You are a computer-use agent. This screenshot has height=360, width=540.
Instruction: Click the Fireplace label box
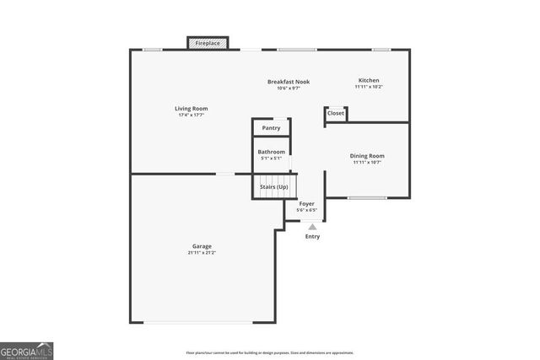[x=208, y=42]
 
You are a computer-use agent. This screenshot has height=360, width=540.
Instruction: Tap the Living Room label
[x=191, y=108]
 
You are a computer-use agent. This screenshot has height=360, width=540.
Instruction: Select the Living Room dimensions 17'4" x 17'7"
[x=191, y=115]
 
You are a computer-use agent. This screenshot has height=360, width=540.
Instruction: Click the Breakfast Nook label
[x=289, y=82]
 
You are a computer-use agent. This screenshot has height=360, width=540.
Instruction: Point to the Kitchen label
[x=369, y=80]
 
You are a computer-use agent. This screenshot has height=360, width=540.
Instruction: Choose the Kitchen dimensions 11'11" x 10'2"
[x=369, y=87]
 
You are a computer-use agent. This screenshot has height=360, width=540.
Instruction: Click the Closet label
[x=336, y=113]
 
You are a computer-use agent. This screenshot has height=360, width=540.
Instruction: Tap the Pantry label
[x=271, y=128]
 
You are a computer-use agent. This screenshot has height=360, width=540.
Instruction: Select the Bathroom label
[x=271, y=152]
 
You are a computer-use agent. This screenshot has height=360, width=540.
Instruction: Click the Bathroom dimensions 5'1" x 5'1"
[x=271, y=159]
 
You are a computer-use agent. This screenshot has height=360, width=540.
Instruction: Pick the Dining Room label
[x=367, y=155]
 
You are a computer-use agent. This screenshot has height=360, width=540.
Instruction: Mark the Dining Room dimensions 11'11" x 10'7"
[x=367, y=162]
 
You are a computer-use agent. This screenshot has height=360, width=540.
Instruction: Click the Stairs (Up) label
[x=273, y=186]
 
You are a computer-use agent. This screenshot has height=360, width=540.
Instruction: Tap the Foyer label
[x=307, y=203]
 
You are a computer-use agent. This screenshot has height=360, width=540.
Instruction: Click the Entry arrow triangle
[x=312, y=226]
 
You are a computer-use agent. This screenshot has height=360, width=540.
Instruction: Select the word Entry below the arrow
[x=312, y=237]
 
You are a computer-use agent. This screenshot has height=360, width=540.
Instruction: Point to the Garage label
[x=201, y=246]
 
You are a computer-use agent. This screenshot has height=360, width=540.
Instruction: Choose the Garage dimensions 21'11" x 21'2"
[x=201, y=253]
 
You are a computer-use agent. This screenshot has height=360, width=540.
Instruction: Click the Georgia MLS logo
[x=27, y=350]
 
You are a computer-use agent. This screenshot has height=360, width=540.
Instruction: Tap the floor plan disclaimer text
[x=269, y=352]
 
